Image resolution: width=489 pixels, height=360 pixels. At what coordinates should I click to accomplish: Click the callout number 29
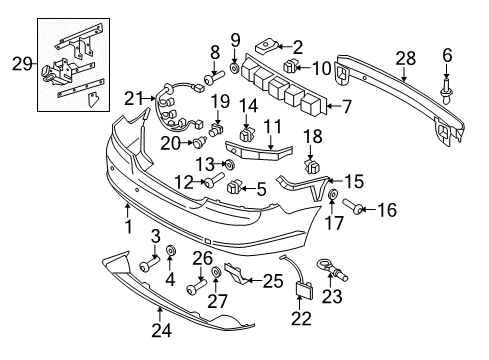coord(22,63)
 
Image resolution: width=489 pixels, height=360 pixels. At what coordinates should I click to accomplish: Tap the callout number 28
coord(406,58)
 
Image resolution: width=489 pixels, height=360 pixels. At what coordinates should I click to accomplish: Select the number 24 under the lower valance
coord(162,331)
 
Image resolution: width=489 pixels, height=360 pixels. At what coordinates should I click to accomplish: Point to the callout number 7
coord(347,107)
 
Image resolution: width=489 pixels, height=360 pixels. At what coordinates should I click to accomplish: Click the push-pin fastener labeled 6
coord(446,90)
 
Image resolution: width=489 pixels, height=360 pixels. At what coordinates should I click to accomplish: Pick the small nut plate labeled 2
coord(266,47)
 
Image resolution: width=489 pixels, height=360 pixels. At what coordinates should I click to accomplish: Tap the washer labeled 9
coord(235,68)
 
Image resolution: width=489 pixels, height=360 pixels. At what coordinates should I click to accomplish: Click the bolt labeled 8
coord(213,80)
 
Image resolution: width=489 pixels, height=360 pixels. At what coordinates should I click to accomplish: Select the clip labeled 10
coord(290,66)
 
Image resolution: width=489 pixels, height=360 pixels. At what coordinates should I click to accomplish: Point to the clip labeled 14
coord(247,134)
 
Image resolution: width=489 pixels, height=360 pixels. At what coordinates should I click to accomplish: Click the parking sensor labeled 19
coord(216,130)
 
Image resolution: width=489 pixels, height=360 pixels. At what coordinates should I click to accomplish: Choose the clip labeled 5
coord(233,186)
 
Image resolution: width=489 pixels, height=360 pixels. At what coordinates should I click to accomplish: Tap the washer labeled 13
coord(229,164)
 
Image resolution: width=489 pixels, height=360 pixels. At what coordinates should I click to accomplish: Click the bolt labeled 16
coord(353,206)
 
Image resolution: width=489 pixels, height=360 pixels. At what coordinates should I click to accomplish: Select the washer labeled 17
coord(333,195)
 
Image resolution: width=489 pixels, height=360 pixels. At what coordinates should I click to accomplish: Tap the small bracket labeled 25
coord(236,273)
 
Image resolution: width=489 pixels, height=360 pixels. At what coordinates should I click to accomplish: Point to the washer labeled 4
coord(171,250)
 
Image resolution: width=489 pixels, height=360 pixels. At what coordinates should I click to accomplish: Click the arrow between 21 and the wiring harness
coord(149,98)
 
